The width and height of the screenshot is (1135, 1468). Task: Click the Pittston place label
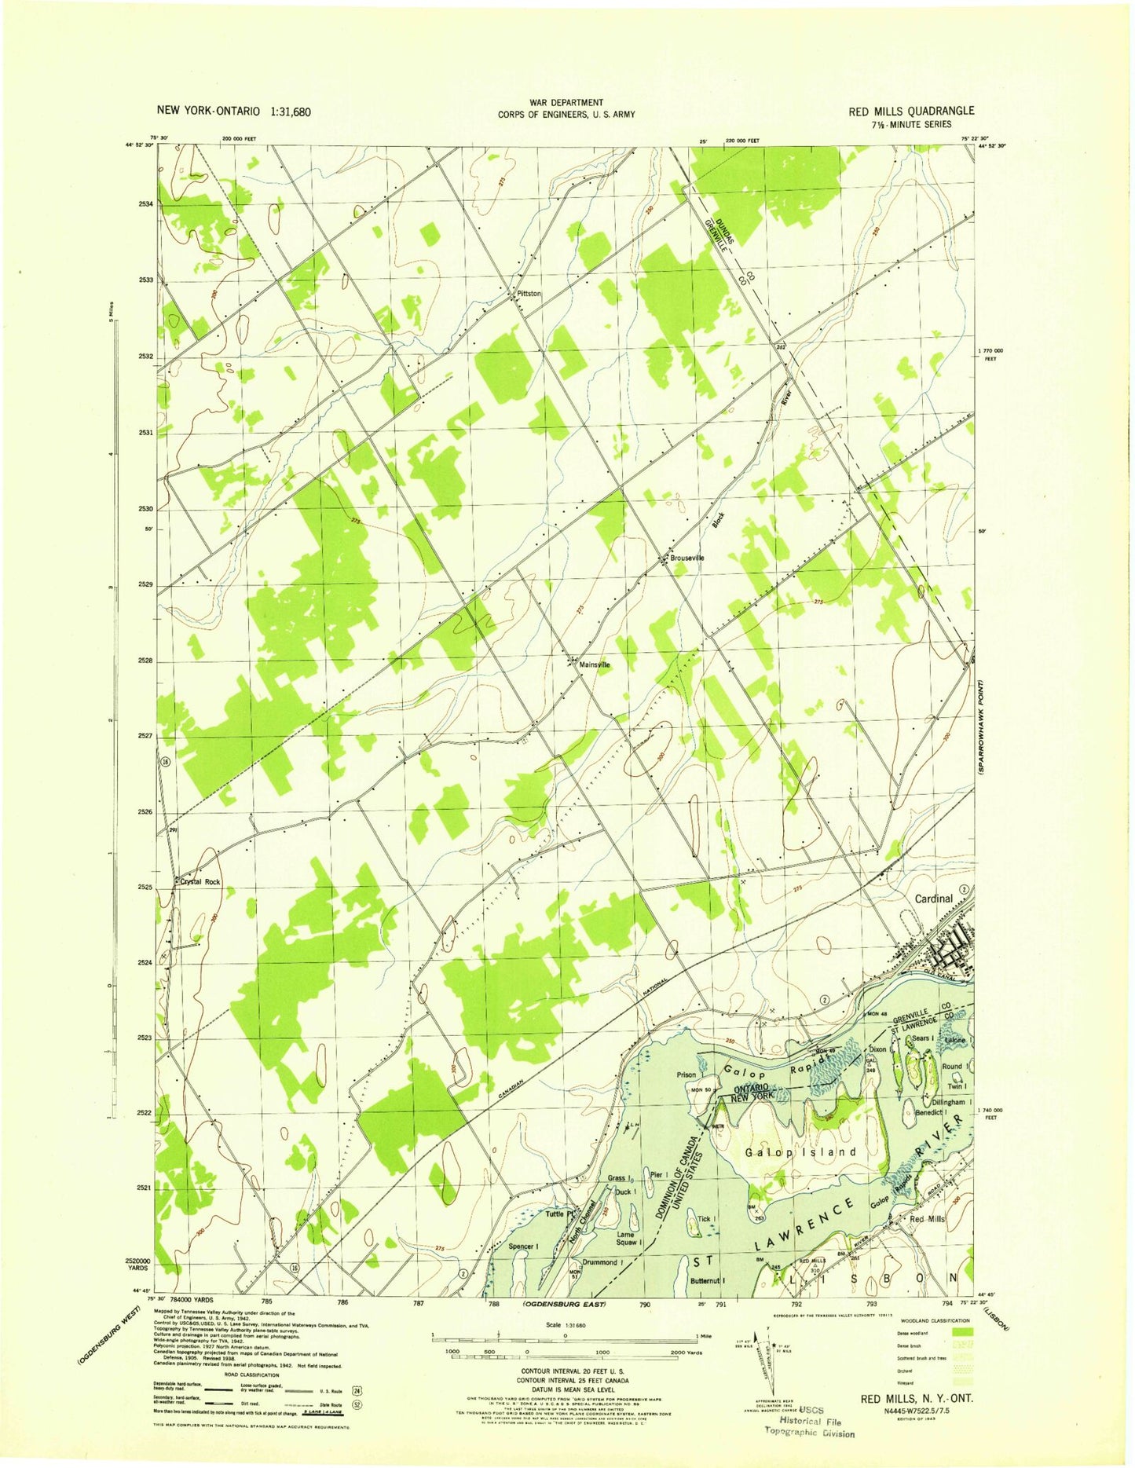coord(529,293)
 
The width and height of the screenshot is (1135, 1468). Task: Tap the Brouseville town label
coord(687,558)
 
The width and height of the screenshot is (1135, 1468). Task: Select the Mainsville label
coord(595,664)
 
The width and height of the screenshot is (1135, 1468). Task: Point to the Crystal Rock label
coord(200,882)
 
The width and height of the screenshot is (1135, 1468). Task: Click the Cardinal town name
coord(933,899)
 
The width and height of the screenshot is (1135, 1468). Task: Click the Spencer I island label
coord(524,1247)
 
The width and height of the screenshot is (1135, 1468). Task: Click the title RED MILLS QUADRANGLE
coord(911,112)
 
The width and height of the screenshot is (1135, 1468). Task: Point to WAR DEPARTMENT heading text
coord(566,102)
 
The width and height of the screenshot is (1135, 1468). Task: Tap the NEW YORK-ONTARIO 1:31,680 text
coord(234,112)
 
